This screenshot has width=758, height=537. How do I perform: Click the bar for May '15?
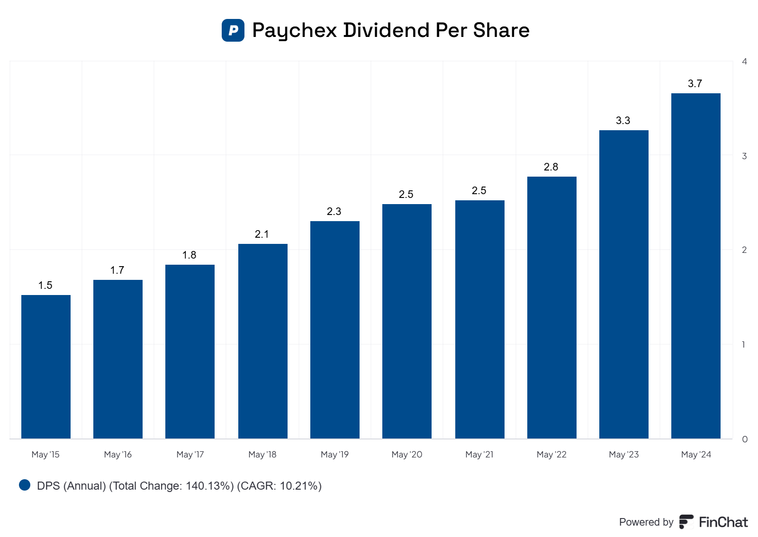tap(46, 367)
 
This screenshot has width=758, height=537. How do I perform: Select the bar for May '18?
tap(263, 341)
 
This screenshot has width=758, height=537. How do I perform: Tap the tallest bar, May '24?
tap(696, 266)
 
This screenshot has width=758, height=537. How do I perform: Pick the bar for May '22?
tap(552, 307)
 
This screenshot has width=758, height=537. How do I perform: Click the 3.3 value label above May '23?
tap(623, 120)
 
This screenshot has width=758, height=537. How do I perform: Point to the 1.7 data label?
tap(117, 270)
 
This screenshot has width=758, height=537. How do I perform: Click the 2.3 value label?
tap(334, 211)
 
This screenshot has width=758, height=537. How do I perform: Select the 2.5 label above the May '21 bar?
tap(479, 190)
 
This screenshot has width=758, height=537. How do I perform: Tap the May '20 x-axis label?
tap(407, 455)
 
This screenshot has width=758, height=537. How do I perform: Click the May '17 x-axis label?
tap(190, 455)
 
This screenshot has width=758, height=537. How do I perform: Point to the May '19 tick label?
tap(334, 455)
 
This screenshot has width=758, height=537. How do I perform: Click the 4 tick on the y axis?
tap(745, 62)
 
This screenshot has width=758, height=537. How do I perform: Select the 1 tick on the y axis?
tap(744, 345)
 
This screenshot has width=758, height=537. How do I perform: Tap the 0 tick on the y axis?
tap(745, 439)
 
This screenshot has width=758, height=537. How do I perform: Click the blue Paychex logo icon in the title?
tap(233, 30)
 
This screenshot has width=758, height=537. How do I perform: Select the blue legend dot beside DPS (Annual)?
tap(25, 485)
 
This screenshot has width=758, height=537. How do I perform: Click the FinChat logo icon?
tap(686, 522)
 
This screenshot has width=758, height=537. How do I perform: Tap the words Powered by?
tap(646, 522)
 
